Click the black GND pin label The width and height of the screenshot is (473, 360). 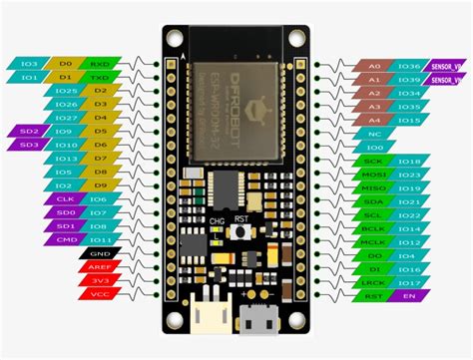tap(99, 253)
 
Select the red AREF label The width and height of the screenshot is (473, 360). tap(99, 267)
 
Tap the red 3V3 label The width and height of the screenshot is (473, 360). tap(99, 281)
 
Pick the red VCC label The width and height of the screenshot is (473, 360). tap(99, 295)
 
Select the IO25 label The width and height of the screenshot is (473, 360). tap(66, 90)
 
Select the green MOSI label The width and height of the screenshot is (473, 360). tap(374, 173)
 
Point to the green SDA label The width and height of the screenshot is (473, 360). tap(374, 199)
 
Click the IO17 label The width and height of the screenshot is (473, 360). tap(409, 282)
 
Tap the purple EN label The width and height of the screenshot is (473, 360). tap(408, 296)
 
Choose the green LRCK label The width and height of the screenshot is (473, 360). tap(374, 282)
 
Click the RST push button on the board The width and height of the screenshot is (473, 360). tap(240, 231)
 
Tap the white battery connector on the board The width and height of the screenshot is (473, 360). tap(208, 310)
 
